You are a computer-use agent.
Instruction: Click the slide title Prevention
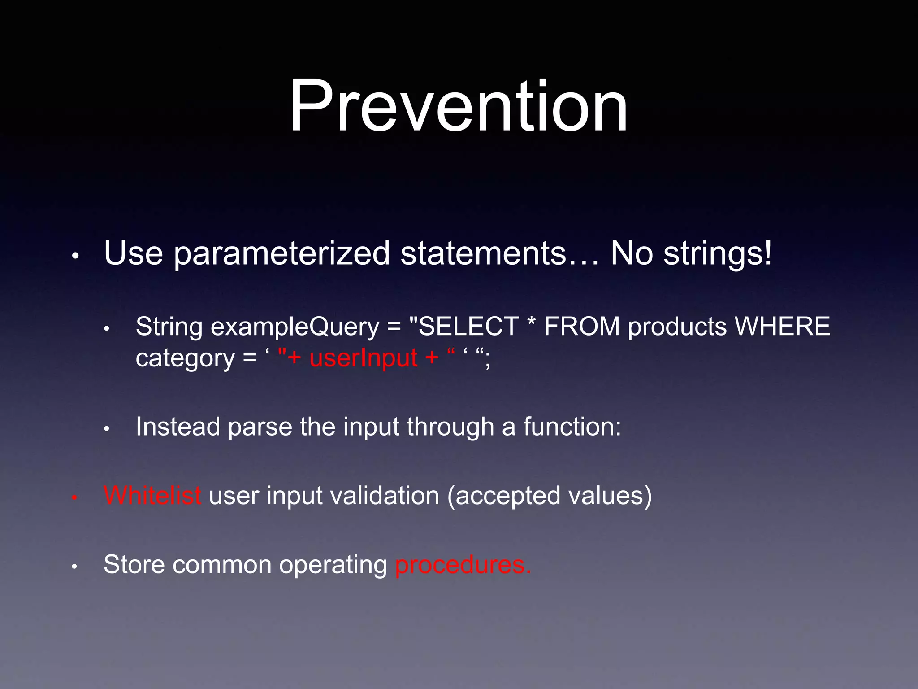click(458, 107)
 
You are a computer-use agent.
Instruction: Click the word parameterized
click(281, 254)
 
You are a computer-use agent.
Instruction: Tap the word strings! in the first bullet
click(718, 254)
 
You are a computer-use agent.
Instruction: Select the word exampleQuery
click(295, 327)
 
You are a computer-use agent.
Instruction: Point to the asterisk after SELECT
click(532, 324)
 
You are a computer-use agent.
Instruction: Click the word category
click(185, 358)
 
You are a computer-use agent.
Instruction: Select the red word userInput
click(364, 358)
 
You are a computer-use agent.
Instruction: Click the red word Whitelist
click(152, 496)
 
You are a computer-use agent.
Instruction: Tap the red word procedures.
click(463, 565)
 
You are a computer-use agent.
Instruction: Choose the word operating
click(333, 565)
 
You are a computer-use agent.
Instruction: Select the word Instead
click(178, 427)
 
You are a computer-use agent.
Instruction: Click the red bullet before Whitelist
click(75, 497)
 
